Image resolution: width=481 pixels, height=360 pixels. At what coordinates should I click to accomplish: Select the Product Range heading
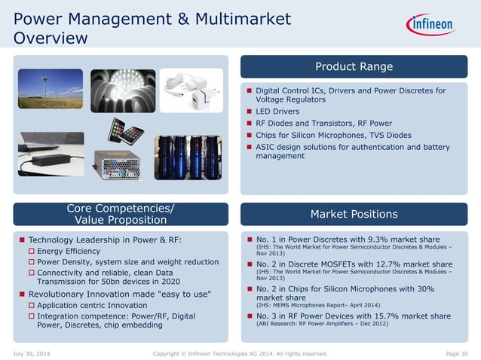click(x=354, y=67)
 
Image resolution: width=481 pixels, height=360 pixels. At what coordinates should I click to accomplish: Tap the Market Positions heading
click(x=354, y=215)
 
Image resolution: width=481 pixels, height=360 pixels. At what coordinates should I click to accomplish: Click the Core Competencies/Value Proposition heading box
click(x=117, y=215)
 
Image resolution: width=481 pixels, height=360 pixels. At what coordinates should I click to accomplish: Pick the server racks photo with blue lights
click(x=188, y=157)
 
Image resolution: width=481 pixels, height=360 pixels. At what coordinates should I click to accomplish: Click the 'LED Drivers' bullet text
click(x=277, y=111)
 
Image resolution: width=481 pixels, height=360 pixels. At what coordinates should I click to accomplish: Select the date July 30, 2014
click(x=32, y=353)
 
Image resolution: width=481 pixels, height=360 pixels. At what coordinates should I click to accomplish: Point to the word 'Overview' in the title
click(x=51, y=37)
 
